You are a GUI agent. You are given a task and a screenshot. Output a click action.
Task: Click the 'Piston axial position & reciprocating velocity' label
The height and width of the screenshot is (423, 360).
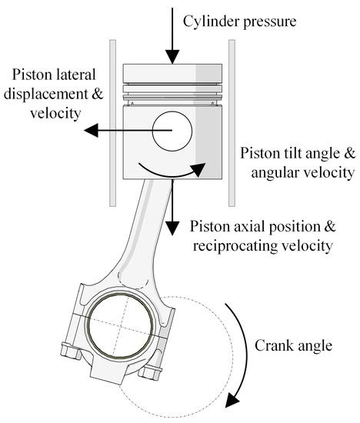click(261, 236)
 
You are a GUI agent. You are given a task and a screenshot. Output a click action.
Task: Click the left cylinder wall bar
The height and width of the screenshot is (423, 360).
click(113, 123)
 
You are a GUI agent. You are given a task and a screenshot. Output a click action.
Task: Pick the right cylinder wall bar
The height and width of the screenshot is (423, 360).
click(231, 123)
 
